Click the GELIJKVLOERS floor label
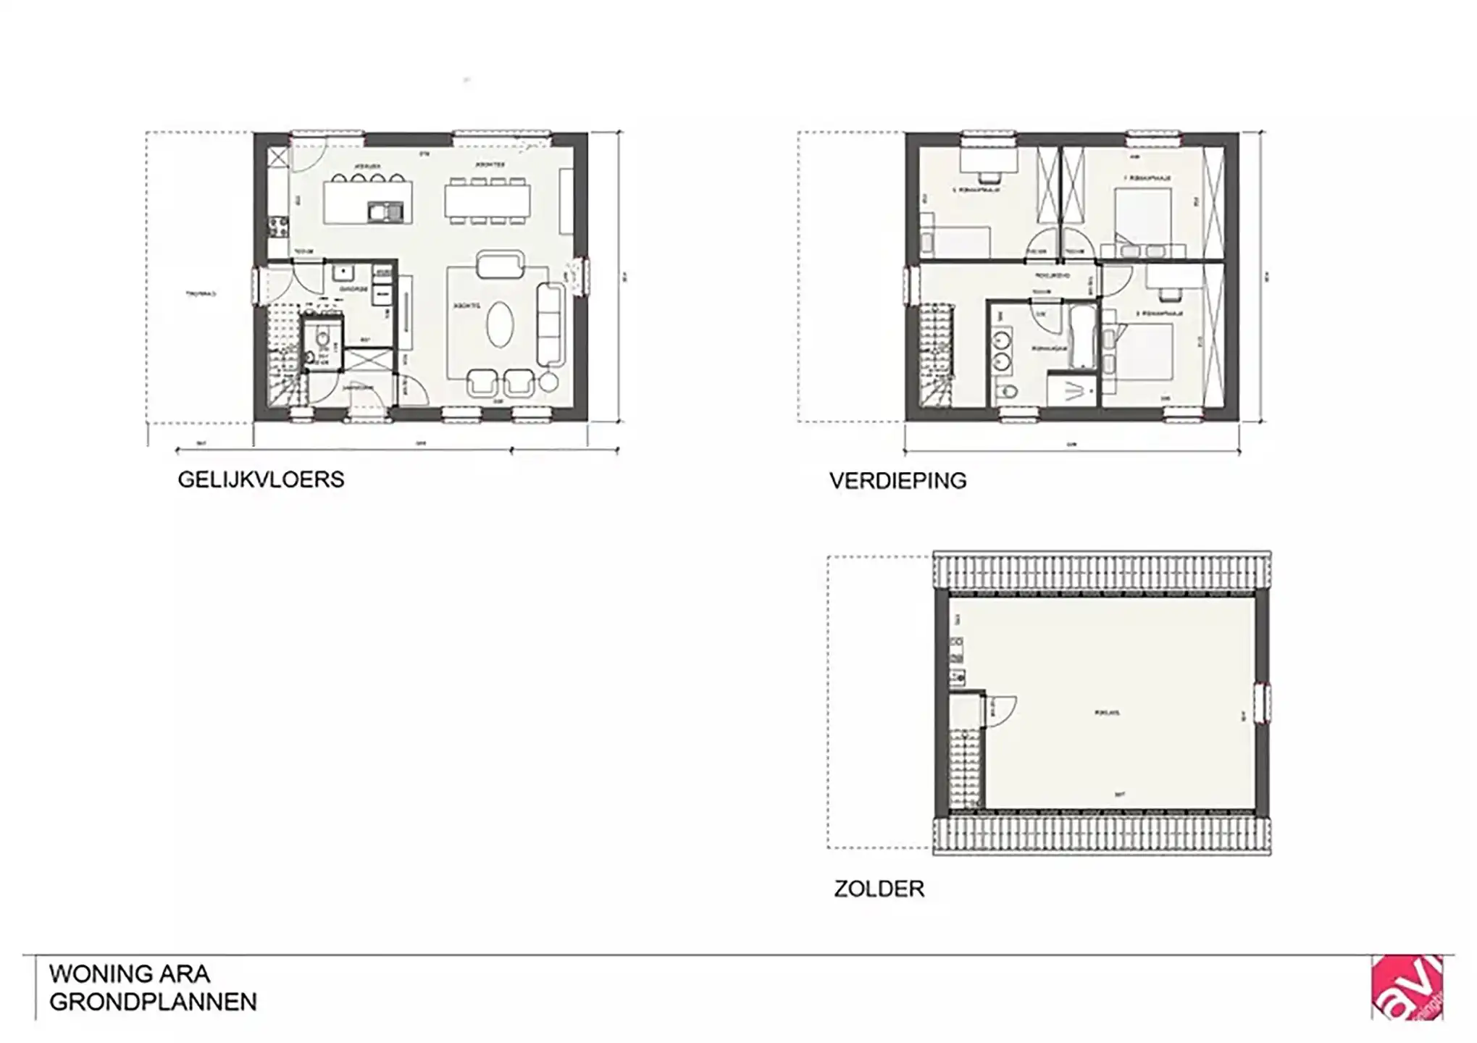coord(261,479)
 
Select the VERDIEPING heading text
coord(898,481)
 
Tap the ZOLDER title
coord(879,889)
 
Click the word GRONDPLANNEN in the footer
coord(153,1002)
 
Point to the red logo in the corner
coord(1407,987)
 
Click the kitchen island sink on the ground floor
coord(385,211)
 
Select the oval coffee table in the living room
coord(498,324)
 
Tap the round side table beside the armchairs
coord(549,382)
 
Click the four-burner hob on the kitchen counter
coord(277,227)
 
